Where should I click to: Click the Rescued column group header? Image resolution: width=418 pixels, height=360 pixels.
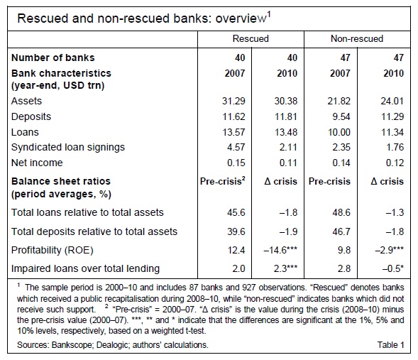(x=251, y=38)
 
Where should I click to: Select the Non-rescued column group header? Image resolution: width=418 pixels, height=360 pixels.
(x=357, y=38)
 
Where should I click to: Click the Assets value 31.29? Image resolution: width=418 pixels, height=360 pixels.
(x=233, y=101)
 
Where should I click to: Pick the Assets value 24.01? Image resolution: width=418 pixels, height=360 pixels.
(x=392, y=101)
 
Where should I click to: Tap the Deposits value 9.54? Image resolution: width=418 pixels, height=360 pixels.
(x=341, y=116)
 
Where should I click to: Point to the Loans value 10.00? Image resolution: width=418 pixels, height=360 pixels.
(x=339, y=132)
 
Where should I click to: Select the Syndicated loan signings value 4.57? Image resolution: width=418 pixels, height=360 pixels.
(x=236, y=147)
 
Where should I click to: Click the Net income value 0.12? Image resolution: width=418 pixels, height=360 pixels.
(x=395, y=163)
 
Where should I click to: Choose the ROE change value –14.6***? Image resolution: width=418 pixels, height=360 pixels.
(x=280, y=250)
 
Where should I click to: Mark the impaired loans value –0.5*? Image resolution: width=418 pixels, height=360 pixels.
(x=393, y=268)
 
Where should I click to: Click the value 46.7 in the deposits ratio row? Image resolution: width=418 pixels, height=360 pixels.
(x=341, y=231)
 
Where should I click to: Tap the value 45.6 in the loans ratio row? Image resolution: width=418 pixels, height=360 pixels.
(x=236, y=212)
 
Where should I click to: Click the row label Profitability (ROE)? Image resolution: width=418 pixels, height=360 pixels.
(x=53, y=250)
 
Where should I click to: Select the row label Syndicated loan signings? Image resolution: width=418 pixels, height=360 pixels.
(x=68, y=147)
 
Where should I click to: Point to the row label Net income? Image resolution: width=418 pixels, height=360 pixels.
(x=37, y=163)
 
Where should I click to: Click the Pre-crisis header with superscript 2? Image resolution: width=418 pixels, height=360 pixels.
(x=223, y=181)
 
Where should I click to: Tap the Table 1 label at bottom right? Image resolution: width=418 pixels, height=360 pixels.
(x=390, y=345)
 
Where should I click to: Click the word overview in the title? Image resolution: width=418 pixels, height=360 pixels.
(x=241, y=18)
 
